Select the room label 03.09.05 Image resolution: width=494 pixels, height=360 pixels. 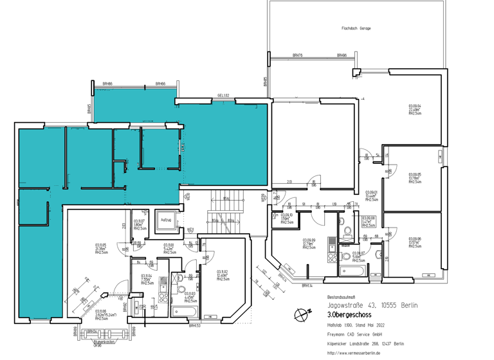tap(415, 174)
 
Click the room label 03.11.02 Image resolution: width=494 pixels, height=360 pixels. tap(223, 271)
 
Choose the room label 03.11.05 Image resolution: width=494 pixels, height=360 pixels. tap(101, 245)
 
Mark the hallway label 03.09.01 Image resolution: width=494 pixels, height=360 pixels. tap(371, 192)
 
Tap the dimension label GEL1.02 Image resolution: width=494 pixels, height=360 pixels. tap(223, 95)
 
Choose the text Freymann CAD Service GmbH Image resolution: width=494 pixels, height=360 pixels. tap(355, 334)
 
